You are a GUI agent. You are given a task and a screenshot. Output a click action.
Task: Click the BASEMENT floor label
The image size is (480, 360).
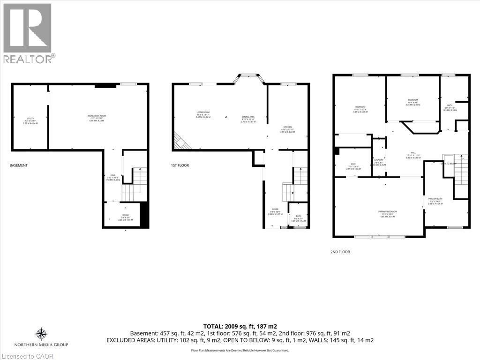click(x=18, y=165)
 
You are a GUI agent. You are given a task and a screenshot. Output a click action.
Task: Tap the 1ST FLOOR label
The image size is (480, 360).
click(x=180, y=165)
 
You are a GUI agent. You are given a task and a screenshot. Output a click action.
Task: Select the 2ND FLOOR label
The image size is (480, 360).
click(x=340, y=252)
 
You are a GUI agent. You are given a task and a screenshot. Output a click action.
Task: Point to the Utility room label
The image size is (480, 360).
click(x=30, y=120)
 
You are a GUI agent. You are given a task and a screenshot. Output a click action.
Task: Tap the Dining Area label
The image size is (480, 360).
click(x=248, y=118)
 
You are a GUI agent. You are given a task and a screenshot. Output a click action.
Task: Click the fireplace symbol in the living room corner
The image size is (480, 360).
click(x=180, y=141)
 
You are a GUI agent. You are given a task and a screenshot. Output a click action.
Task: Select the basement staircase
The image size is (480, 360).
click(x=135, y=183)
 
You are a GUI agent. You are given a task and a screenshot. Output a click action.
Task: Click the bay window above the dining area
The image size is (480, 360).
click(x=249, y=76)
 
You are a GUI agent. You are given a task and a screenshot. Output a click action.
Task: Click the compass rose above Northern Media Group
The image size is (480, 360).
click(x=41, y=334)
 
